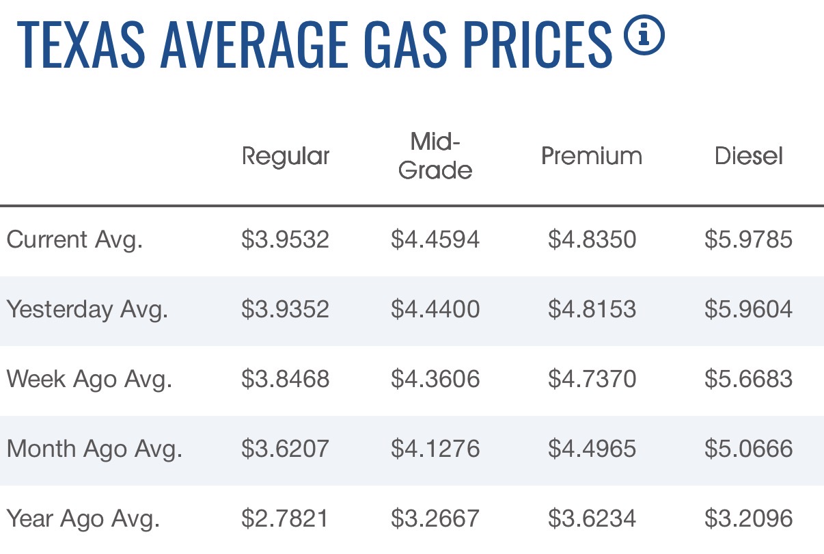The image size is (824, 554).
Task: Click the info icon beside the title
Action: [x=644, y=35]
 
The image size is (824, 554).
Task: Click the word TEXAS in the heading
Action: [x=81, y=44]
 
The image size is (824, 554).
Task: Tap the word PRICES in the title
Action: [x=538, y=44]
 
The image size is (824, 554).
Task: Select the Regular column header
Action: [x=286, y=156]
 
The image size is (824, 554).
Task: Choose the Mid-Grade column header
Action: [x=435, y=156]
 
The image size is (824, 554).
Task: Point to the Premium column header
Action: [x=592, y=156]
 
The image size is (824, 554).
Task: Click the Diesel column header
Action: [x=749, y=156]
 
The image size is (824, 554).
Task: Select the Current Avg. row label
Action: [x=74, y=240]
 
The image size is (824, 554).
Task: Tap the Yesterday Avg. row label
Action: [x=87, y=309]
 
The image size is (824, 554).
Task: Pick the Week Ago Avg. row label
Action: [x=89, y=379]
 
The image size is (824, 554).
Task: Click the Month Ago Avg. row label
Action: [x=94, y=449]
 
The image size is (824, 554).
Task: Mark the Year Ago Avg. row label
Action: [x=83, y=518]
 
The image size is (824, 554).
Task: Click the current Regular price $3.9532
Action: [x=285, y=239]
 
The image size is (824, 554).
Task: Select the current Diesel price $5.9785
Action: [x=749, y=239]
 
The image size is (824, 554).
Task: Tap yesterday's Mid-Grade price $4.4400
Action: [x=435, y=309]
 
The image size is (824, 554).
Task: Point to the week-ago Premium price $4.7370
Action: [x=592, y=379]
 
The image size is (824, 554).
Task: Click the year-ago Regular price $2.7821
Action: [x=285, y=518]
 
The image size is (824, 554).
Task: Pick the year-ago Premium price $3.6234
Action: [x=592, y=518]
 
